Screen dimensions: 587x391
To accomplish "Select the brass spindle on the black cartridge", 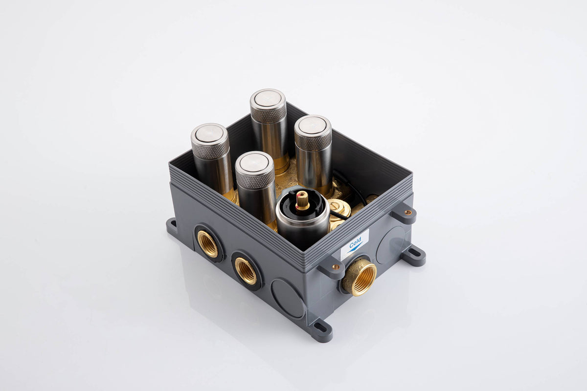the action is [x=303, y=200].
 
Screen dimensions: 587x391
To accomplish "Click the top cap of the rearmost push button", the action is [x=267, y=100].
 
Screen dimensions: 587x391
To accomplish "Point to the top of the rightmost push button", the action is [x=313, y=127].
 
